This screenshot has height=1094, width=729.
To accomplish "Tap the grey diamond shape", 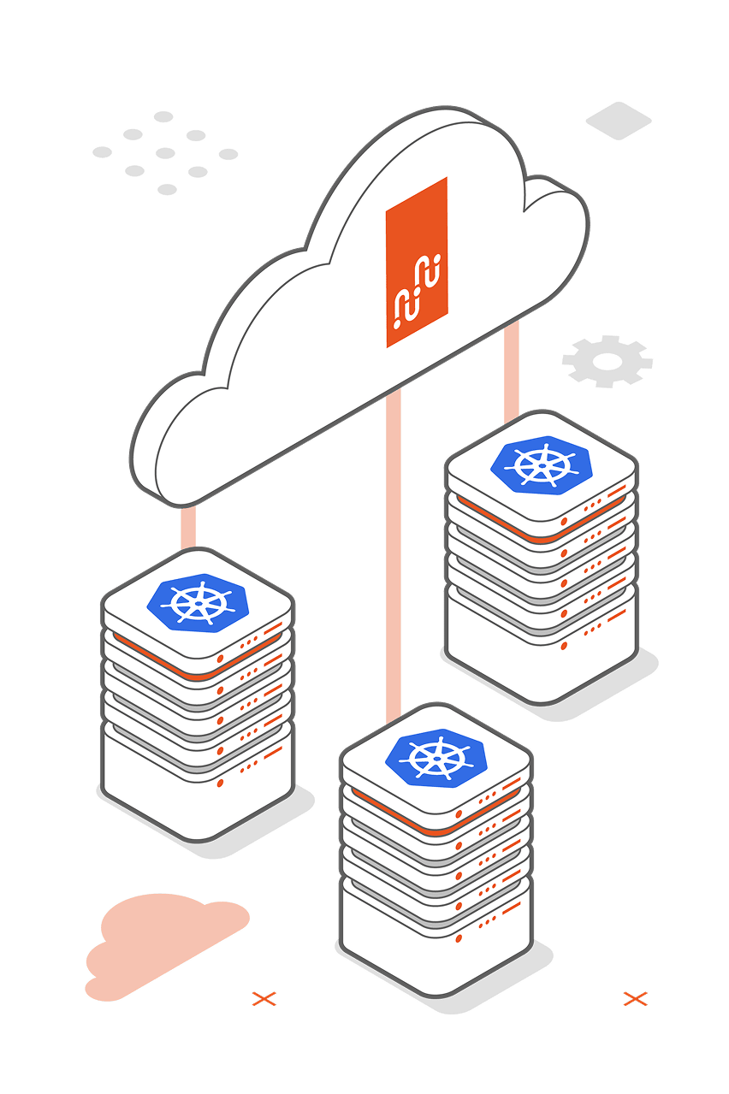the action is click(x=619, y=120).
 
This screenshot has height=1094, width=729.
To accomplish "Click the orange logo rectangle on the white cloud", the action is click(x=417, y=262).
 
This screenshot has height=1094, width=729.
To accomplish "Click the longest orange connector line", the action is click(x=394, y=556).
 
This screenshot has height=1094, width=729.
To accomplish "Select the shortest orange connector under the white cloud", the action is click(x=188, y=527).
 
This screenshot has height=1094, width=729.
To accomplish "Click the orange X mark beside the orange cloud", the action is click(x=264, y=997).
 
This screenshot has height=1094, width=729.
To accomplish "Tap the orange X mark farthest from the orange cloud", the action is click(x=635, y=997).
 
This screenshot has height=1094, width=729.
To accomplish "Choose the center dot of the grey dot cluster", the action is click(x=165, y=153).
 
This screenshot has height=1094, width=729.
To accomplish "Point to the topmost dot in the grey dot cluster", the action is click(x=163, y=116).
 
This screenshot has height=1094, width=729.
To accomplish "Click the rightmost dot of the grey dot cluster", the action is click(x=228, y=154).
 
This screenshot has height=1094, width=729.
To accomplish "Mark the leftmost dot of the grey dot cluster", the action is click(x=102, y=152).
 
